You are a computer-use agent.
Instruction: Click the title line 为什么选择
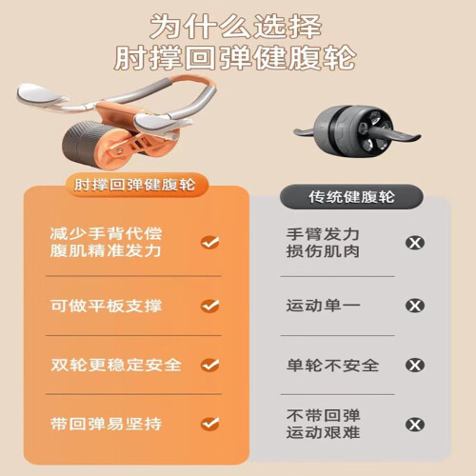pos(236,27)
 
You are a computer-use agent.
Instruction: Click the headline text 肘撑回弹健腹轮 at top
pos(235,57)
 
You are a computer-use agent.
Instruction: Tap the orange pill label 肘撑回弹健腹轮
pos(134,185)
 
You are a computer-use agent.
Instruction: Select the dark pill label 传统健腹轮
pos(351,197)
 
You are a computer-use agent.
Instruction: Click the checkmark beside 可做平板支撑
pos(210,306)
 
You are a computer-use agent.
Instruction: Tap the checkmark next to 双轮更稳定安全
pos(210,365)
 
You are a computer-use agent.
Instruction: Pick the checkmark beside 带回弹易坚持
pos(210,424)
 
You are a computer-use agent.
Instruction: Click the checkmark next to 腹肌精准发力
pos(210,243)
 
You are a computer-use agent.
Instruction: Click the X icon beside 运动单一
pos(415,306)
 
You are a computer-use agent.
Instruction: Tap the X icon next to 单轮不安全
pos(415,365)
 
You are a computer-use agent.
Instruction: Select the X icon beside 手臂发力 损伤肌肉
pos(415,243)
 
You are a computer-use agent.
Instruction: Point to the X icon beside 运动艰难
pos(415,425)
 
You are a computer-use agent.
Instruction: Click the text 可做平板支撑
pos(107,306)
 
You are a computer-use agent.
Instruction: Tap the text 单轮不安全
pos(332,366)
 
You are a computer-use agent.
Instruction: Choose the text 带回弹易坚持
pos(107,424)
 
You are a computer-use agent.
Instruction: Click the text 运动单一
pos(323,306)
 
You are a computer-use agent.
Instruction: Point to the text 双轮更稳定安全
pos(116,365)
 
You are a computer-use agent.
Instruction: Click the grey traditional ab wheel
pos(357,130)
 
